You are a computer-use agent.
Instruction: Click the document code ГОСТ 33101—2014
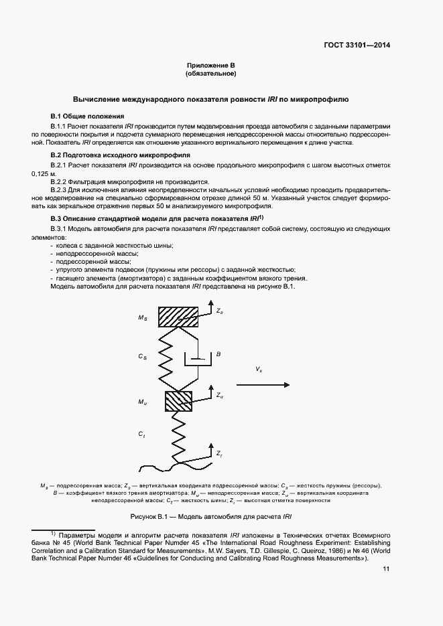point(357,46)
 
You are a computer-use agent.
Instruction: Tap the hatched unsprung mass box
point(178,401)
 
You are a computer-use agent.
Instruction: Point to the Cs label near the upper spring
point(143,358)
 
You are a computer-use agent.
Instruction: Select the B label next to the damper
point(218,354)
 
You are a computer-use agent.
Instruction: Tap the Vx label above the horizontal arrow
point(259,369)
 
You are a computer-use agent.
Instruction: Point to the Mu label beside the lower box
point(143,402)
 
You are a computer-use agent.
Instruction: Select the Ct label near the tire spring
point(142,435)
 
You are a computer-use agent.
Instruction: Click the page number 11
point(386,569)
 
